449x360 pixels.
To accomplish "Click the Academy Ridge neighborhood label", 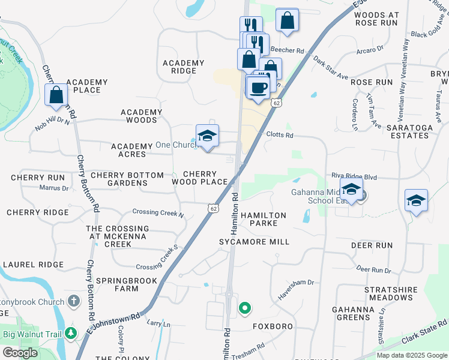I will [x=184, y=67].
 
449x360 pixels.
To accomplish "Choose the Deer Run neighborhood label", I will [x=372, y=245].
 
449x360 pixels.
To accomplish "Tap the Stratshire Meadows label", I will [x=390, y=293].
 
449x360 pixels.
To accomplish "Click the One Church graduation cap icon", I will [x=207, y=136].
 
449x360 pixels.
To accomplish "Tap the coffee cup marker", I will [x=259, y=88].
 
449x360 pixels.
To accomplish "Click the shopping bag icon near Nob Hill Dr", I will [x=56, y=95].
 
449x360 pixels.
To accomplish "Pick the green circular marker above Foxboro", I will [x=245, y=309].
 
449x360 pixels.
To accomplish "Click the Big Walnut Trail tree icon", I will [x=71, y=332].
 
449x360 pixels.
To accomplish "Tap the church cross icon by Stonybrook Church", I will [x=73, y=301].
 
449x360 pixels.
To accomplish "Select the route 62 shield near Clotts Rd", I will [x=276, y=103].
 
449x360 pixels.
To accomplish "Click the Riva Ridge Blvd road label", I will [x=354, y=177].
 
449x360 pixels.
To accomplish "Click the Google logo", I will [x=20, y=353].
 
